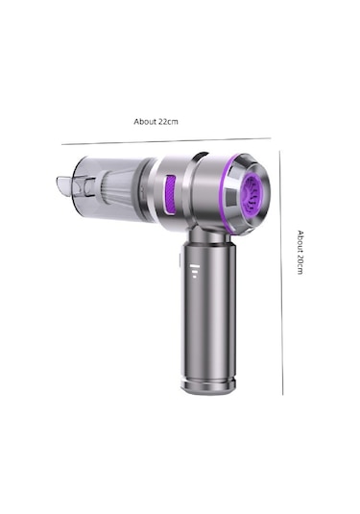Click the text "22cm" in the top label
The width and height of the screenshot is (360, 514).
(168, 122)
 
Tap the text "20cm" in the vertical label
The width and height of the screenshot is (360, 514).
(300, 264)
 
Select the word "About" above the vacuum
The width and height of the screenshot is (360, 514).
(145, 122)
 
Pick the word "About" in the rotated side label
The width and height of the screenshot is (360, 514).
(300, 241)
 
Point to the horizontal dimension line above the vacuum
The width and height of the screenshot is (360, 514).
(166, 141)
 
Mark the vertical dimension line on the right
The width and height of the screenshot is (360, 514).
(281, 273)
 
